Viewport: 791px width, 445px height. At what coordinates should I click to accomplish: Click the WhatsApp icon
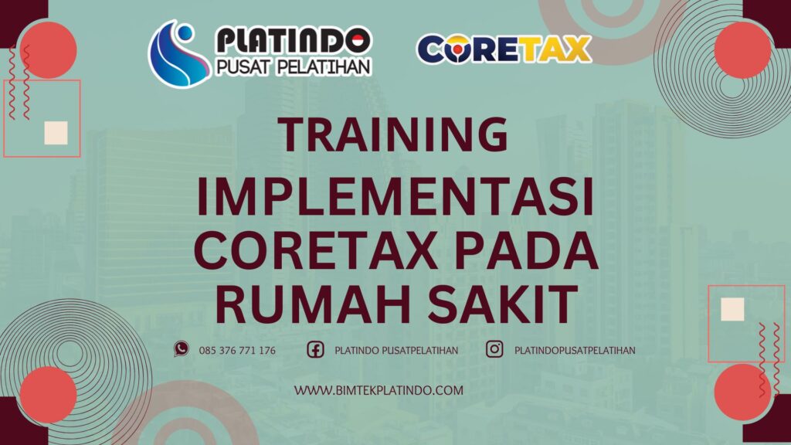[x=182, y=349]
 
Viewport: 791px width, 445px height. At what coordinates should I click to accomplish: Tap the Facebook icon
[x=315, y=350]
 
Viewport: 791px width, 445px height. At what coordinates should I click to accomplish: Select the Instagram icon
[x=494, y=349]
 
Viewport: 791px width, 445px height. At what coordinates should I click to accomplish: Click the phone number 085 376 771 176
[x=237, y=351]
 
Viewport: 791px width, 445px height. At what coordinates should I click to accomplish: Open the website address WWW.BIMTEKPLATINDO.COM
[x=379, y=390]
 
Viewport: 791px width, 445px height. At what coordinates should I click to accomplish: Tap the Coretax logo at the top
[x=504, y=49]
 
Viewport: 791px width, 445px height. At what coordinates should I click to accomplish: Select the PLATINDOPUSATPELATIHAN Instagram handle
[x=575, y=351]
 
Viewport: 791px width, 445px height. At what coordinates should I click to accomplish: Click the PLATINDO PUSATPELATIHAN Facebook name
[x=396, y=351]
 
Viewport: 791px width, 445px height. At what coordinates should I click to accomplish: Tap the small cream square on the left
[x=56, y=133]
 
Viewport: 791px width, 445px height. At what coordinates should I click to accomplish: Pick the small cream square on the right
[x=732, y=309]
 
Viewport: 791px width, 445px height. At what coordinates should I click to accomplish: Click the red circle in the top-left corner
[x=49, y=50]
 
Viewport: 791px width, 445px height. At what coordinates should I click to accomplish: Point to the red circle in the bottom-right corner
[x=742, y=392]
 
